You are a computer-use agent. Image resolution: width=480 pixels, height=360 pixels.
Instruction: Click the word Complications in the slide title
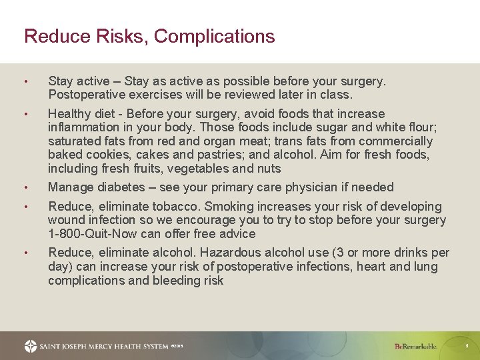tap(215, 36)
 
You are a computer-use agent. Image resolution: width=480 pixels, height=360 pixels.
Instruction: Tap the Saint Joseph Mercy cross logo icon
tap(31, 346)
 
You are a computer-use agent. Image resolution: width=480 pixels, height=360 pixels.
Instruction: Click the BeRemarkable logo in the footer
tap(415, 346)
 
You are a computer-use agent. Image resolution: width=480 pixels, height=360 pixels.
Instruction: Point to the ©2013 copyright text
tap(177, 346)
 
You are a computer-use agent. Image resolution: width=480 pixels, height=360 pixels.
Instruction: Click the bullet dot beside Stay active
tap(25, 82)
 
